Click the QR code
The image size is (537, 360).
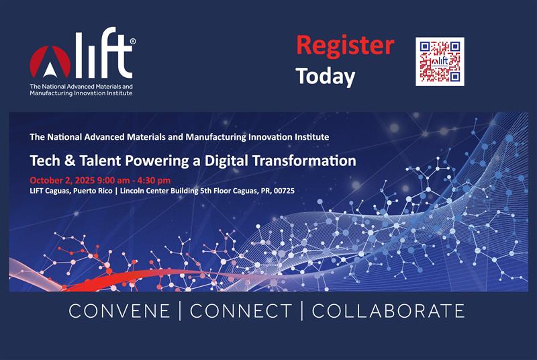(x=440, y=62)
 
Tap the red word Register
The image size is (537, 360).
(x=345, y=46)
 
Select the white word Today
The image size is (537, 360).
(x=326, y=77)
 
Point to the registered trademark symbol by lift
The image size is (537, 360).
(x=132, y=42)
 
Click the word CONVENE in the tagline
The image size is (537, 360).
(x=119, y=311)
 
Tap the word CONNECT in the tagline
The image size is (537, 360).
(x=241, y=311)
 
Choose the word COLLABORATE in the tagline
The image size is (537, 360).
(x=388, y=311)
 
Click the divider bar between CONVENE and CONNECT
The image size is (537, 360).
(x=180, y=311)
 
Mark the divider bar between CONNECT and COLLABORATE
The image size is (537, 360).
(x=301, y=311)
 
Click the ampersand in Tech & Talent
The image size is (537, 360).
(x=70, y=161)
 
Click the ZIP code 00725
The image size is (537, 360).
(x=284, y=191)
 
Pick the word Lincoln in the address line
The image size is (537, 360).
(x=132, y=191)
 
